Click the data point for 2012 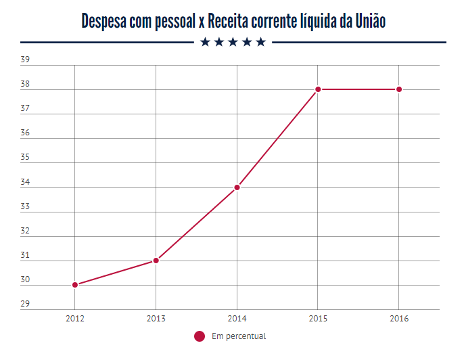pos(75,285)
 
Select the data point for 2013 pos(156,261)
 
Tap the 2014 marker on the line pos(237,187)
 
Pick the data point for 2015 pos(318,89)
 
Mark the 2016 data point pos(399,89)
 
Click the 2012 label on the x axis pos(75,317)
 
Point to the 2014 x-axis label pos(237,317)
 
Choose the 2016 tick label pos(399,317)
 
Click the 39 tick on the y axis pos(25,60)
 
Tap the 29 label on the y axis pos(25,305)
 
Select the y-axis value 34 pos(25,182)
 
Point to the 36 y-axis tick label pos(25,133)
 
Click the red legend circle pos(199,336)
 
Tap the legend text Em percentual pos(239,336)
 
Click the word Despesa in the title pos(104,21)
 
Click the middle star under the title pos(233,43)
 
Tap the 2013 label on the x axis pos(156,317)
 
